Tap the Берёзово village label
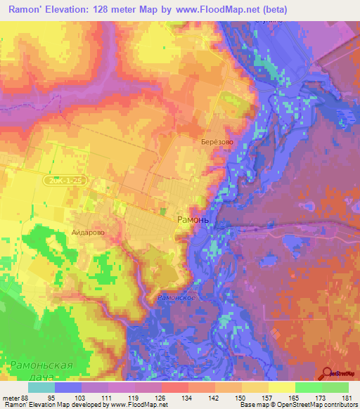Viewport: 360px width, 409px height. pos(217,141)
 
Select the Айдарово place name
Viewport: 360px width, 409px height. pos(88,230)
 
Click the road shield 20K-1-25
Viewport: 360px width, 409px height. pos(68,181)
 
